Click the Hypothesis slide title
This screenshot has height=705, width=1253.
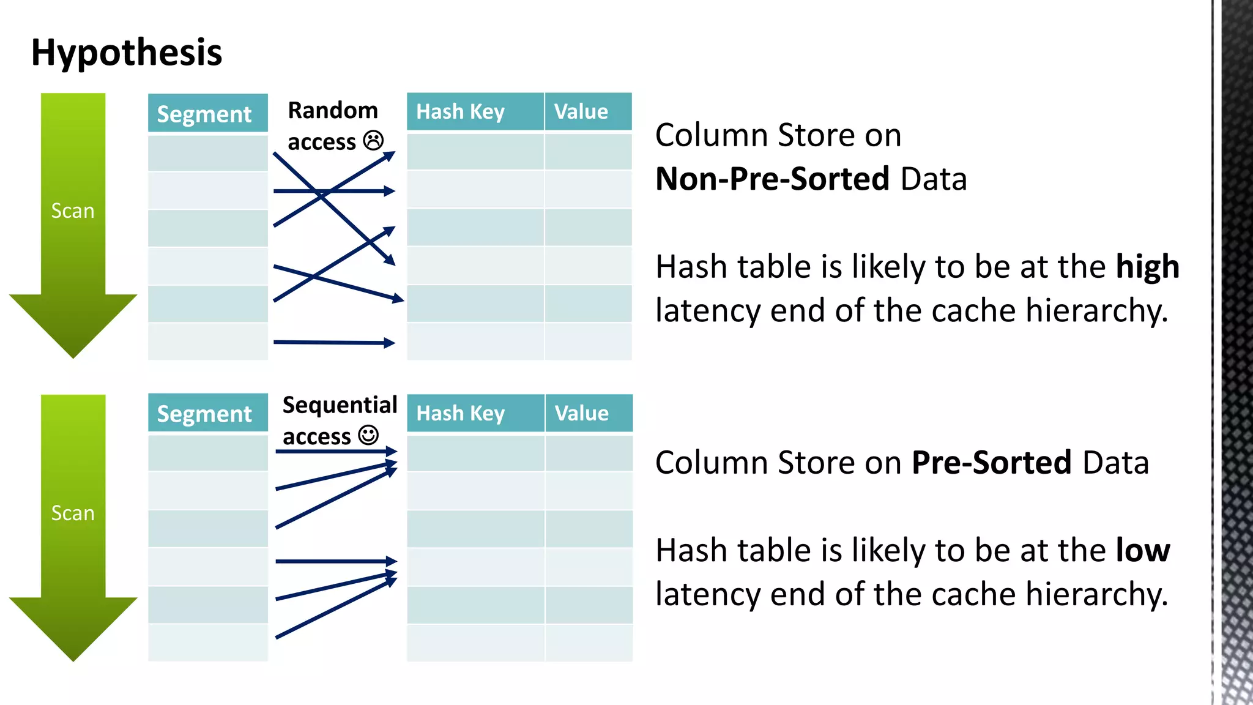127,53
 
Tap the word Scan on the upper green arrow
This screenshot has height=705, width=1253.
73,211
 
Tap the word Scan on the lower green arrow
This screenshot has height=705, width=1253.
73,513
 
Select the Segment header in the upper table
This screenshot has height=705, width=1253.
204,114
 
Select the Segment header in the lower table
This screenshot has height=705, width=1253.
204,414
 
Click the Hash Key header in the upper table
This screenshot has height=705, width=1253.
461,112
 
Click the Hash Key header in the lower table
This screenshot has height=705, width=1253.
461,414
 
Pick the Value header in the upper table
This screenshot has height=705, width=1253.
581,112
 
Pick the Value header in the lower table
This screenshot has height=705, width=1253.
582,414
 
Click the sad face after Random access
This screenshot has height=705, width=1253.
373,141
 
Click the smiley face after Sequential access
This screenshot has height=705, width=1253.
368,436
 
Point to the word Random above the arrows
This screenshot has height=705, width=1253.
333,111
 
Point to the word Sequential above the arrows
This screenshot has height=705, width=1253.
340,405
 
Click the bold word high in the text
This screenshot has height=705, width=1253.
1147,267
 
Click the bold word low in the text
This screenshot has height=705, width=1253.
1142,551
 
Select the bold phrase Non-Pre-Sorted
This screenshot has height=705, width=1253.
772,179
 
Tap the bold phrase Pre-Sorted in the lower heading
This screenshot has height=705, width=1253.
991,463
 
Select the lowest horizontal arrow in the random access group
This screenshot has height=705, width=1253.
333,343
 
